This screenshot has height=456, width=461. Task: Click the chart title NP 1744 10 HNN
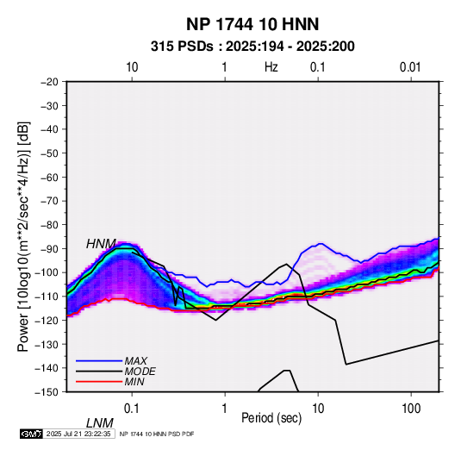[252, 24]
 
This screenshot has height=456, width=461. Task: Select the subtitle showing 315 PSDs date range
[252, 47]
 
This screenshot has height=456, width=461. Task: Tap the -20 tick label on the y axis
[49, 82]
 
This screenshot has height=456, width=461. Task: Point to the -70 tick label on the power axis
[49, 201]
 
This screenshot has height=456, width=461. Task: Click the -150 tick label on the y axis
[47, 392]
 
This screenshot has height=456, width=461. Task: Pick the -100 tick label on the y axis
[47, 272]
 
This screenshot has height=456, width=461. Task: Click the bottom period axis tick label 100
[411, 409]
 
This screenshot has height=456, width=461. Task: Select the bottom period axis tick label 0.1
[132, 409]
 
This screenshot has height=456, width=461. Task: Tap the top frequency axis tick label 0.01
[410, 67]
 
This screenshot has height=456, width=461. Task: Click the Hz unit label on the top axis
[271, 67]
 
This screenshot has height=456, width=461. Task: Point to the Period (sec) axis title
[271, 418]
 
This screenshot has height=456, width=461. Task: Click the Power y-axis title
[23, 236]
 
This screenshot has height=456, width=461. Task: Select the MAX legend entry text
[136, 361]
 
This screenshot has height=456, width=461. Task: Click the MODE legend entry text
[140, 372]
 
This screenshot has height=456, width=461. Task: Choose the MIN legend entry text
[134, 382]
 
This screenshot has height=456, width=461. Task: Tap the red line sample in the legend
[99, 382]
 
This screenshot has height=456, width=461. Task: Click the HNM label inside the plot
[101, 244]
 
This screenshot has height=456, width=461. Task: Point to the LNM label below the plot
[100, 423]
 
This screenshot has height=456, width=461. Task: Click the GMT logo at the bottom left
[32, 434]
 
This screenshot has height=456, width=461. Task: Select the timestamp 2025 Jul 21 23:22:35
[78, 434]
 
